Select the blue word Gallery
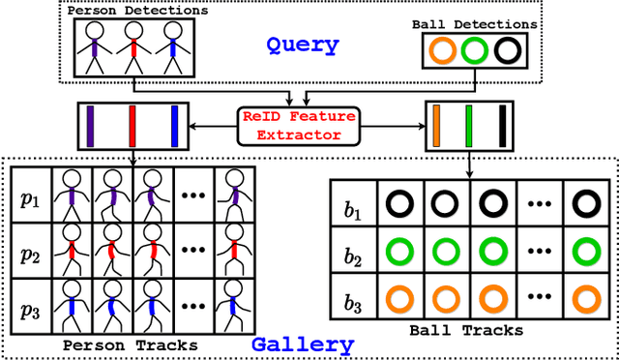pyautogui.click(x=302, y=344)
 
